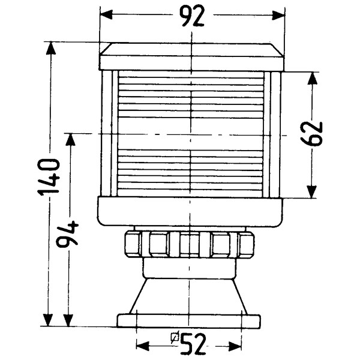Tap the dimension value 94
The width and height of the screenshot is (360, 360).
pyautogui.click(x=67, y=234)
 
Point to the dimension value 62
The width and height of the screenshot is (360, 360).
pyautogui.click(x=311, y=134)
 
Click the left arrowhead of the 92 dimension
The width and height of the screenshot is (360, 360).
pyautogui.click(x=106, y=15)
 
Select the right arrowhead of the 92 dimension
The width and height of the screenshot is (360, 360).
pyautogui.click(x=278, y=15)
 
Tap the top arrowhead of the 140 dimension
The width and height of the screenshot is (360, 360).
pyautogui.click(x=51, y=48)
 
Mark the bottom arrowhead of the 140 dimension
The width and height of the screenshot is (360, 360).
pyautogui.click(x=48, y=320)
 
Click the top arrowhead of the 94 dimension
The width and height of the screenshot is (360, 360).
pyautogui.click(x=70, y=140)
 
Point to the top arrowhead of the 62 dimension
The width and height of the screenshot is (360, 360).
pyautogui.click(x=312, y=78)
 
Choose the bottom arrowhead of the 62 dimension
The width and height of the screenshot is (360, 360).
pyautogui.click(x=312, y=192)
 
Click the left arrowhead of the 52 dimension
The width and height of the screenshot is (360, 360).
pyautogui.click(x=142, y=346)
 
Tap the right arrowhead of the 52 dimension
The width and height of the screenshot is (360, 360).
pyautogui.click(x=235, y=346)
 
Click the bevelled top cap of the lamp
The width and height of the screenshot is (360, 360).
pyautogui.click(x=192, y=56)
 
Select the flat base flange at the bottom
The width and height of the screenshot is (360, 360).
pyautogui.click(x=189, y=320)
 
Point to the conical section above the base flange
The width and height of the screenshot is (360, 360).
pyautogui.click(x=189, y=296)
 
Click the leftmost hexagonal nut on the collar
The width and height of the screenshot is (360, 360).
pyautogui.click(x=133, y=244)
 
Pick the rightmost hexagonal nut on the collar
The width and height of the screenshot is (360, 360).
pyautogui.click(x=247, y=244)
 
